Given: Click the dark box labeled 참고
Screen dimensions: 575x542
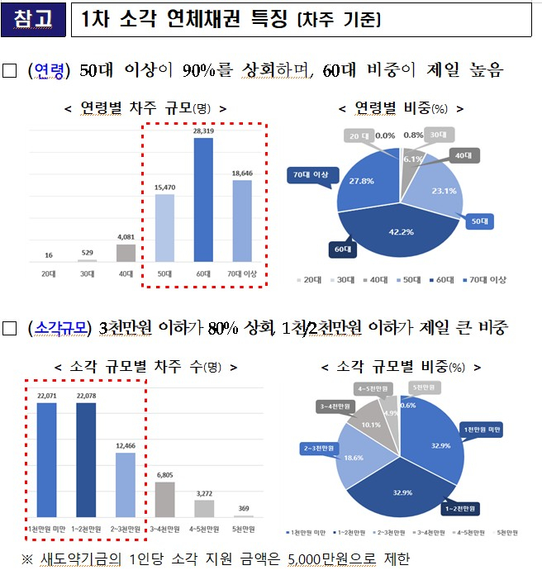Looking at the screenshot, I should click(x=33, y=20).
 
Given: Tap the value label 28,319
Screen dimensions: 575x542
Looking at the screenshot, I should click(x=203, y=131).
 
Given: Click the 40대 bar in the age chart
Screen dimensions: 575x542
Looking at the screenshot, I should click(x=126, y=252).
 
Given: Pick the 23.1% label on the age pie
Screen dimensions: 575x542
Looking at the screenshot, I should click(x=444, y=191).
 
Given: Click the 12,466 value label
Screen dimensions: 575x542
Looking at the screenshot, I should click(x=125, y=445).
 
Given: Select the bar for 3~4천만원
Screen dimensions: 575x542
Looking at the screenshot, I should click(x=164, y=498).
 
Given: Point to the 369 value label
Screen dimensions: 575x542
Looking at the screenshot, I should click(x=243, y=509).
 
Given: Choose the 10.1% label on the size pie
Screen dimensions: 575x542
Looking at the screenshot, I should click(x=371, y=425).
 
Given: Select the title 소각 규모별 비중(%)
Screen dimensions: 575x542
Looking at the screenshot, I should click(x=409, y=367).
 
